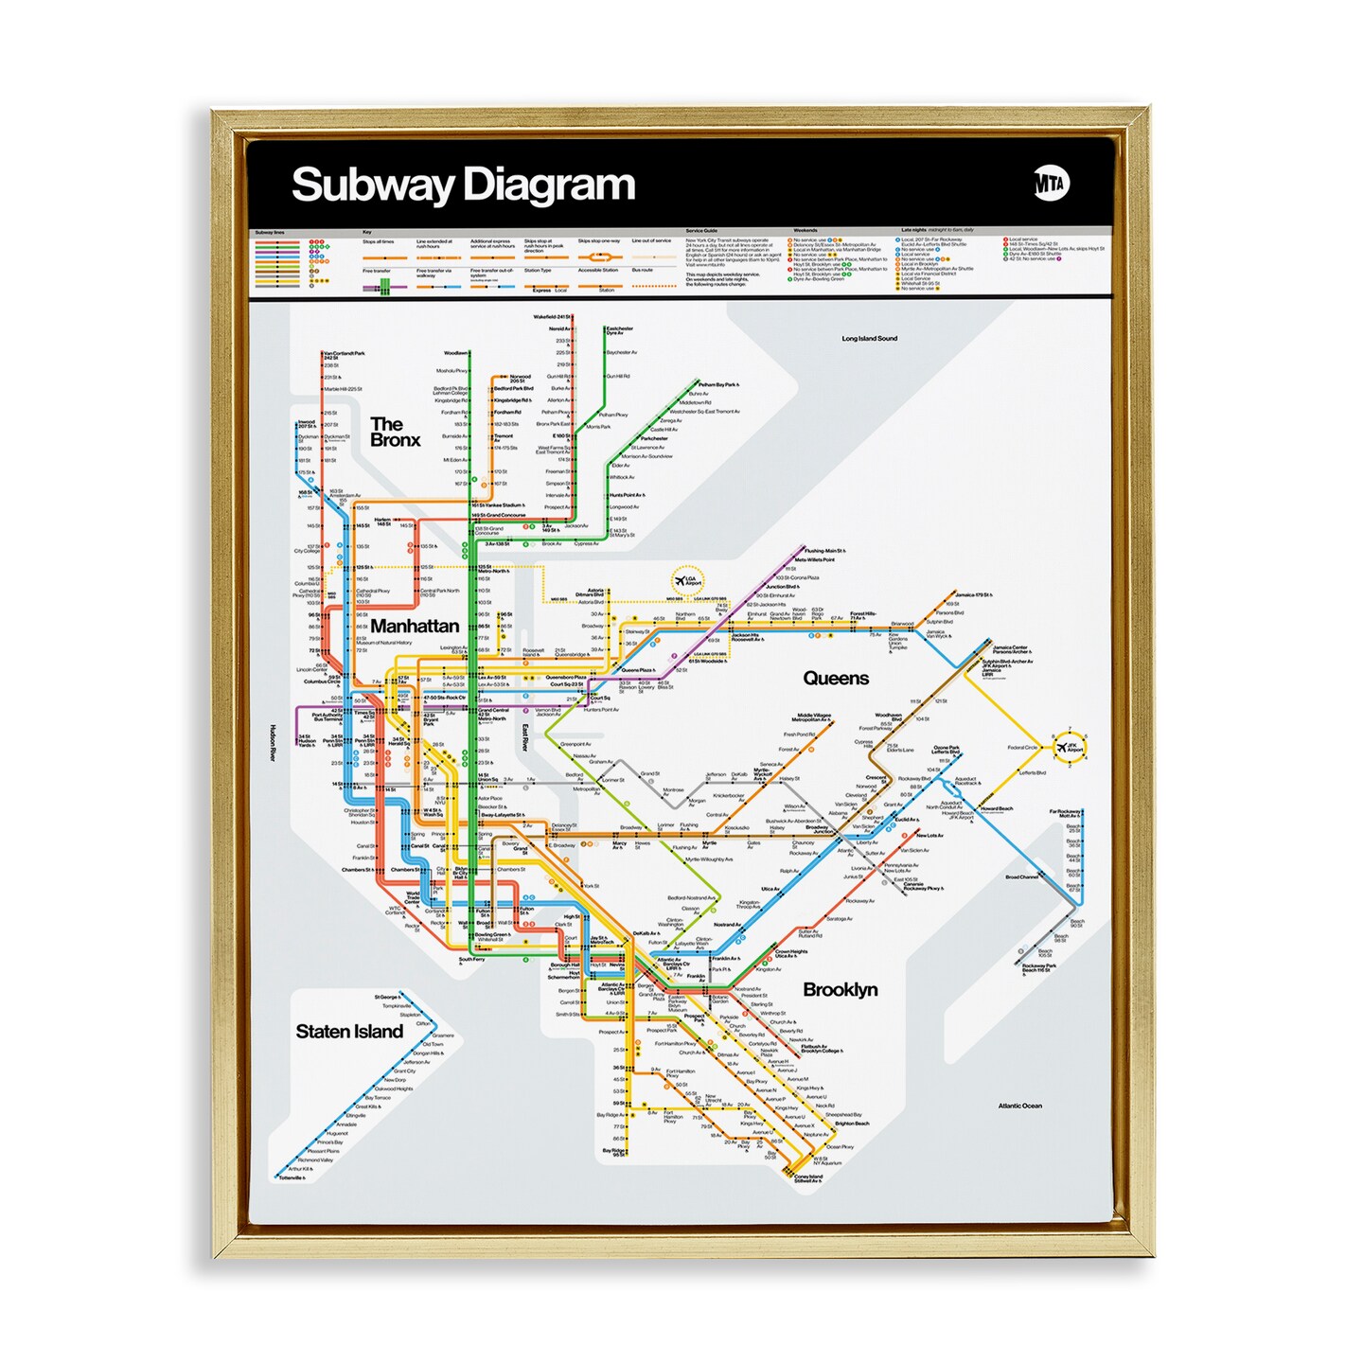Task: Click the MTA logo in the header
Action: pyautogui.click(x=1050, y=183)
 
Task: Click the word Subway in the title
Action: pyautogui.click(x=372, y=185)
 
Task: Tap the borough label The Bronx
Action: pyautogui.click(x=395, y=433)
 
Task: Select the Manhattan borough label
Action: pyautogui.click(x=415, y=627)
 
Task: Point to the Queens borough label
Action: pyautogui.click(x=835, y=679)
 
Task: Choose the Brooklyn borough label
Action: pyautogui.click(x=840, y=990)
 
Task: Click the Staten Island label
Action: pyautogui.click(x=349, y=1032)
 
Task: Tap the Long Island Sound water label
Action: pyautogui.click(x=869, y=338)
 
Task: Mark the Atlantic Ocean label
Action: pyautogui.click(x=1019, y=1106)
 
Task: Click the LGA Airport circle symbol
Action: pyautogui.click(x=687, y=580)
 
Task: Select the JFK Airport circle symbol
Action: pyautogui.click(x=1070, y=746)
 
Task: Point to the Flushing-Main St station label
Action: pyautogui.click(x=824, y=551)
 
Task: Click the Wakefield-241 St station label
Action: pyautogui.click(x=553, y=317)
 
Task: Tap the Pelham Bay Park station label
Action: pyautogui.click(x=718, y=385)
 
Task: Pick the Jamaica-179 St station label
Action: pyautogui.click(x=973, y=595)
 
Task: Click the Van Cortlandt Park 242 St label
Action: pyautogui.click(x=344, y=355)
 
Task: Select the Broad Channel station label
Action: pyautogui.click(x=1022, y=877)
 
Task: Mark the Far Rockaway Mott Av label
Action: pyautogui.click(x=1065, y=813)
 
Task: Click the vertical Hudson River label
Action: pyautogui.click(x=272, y=743)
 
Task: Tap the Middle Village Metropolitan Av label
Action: pyautogui.click(x=813, y=717)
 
